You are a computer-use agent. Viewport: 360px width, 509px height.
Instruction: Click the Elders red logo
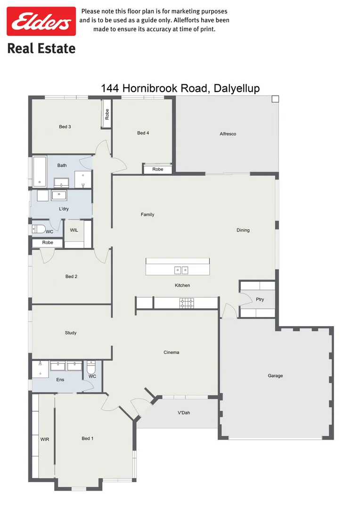[41, 21]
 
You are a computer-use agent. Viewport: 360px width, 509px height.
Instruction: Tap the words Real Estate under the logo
[41, 48]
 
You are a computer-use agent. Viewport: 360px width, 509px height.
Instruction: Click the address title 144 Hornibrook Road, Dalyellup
[180, 89]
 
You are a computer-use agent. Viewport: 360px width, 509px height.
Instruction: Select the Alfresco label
[228, 134]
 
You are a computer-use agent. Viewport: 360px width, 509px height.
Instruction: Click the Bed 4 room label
[143, 133]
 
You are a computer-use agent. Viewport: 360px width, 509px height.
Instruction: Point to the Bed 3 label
[65, 126]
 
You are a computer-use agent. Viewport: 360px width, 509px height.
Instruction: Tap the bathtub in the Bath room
[39, 171]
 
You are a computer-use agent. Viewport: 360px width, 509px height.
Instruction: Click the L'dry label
[64, 208]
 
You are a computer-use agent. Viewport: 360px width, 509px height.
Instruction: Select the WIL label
[74, 230]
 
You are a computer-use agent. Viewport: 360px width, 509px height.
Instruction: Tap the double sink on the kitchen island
[181, 270]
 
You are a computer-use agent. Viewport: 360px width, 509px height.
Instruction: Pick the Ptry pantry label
[260, 299]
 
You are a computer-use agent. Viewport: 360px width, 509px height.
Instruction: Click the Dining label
[243, 230]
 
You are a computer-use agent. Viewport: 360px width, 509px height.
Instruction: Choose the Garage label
[275, 376]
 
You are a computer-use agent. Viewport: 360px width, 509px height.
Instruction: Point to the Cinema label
[171, 352]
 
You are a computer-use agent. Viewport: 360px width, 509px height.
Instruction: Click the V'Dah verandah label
[184, 413]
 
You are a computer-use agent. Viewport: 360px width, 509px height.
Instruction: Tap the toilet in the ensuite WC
[91, 368]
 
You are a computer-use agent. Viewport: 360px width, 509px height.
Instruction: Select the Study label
[71, 333]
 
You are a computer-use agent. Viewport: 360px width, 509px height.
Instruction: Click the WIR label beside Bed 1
[45, 439]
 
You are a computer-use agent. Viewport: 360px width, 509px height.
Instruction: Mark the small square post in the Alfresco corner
[275, 99]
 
